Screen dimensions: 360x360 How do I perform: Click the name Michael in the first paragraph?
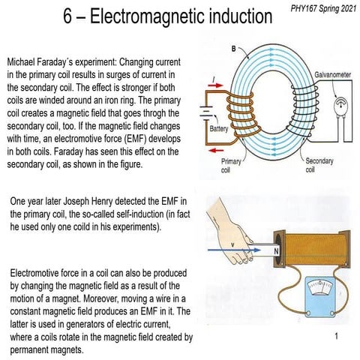(23, 59)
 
